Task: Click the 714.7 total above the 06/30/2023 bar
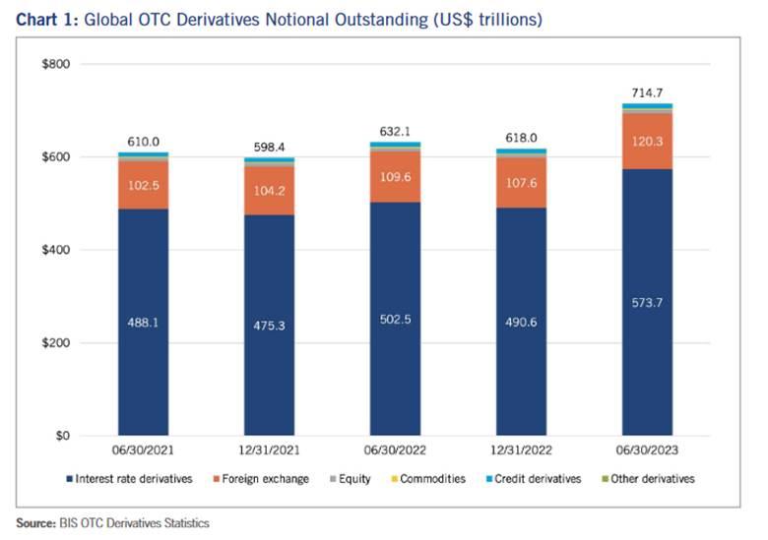click(x=647, y=92)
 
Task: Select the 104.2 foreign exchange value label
click(x=269, y=192)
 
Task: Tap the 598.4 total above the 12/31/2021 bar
click(x=269, y=147)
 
